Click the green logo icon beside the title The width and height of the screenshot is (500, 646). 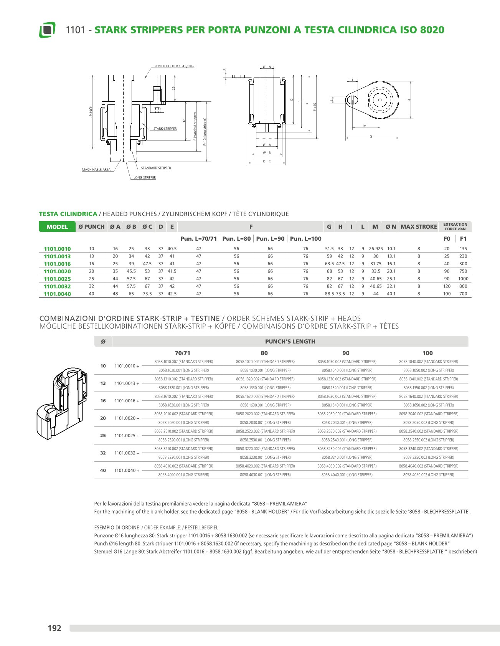pyautogui.click(x=47, y=30)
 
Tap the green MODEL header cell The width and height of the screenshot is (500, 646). pyautogui.click(x=57, y=227)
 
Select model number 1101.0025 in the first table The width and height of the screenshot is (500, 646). pyautogui.click(x=57, y=279)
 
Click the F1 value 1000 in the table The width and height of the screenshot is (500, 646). pyautogui.click(x=463, y=279)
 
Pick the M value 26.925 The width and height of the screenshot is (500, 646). pyautogui.click(x=376, y=249)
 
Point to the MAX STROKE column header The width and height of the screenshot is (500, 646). pyautogui.click(x=419, y=227)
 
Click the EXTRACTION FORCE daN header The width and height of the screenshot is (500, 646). pyautogui.click(x=455, y=227)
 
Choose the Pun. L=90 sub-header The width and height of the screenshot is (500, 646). pyautogui.click(x=270, y=239)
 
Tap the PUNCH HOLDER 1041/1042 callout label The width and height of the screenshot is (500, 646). pyautogui.click(x=174, y=66)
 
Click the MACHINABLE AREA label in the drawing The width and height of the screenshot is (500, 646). pyautogui.click(x=96, y=170)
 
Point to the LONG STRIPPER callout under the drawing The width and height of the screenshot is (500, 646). pyautogui.click(x=145, y=178)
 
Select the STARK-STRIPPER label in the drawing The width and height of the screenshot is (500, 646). pyautogui.click(x=165, y=129)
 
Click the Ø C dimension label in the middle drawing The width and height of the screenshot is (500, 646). pyautogui.click(x=267, y=161)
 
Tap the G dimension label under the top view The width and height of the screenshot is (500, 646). pyautogui.click(x=371, y=137)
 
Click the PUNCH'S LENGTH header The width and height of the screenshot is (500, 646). pyautogui.click(x=290, y=342)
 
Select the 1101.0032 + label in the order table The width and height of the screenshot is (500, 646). pyautogui.click(x=127, y=453)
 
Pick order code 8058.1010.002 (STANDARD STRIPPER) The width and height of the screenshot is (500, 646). pyautogui.click(x=183, y=362)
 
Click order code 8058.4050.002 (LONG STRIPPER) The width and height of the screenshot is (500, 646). pyautogui.click(x=428, y=475)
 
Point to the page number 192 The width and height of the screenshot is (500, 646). pyautogui.click(x=54, y=628)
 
